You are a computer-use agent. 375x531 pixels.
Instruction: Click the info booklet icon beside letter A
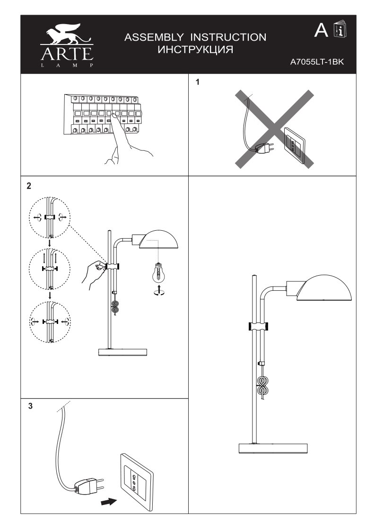340,30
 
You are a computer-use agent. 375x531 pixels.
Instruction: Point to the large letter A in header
321,30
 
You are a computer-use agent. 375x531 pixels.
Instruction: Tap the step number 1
198,82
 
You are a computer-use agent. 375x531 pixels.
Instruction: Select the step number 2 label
29,186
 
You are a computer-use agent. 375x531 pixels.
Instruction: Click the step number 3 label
30,406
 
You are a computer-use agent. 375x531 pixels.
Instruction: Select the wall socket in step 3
137,478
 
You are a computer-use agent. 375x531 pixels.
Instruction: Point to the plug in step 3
88,486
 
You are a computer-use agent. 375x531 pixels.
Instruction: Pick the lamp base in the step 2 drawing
122,352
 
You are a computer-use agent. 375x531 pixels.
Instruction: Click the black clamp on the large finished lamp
257,326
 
